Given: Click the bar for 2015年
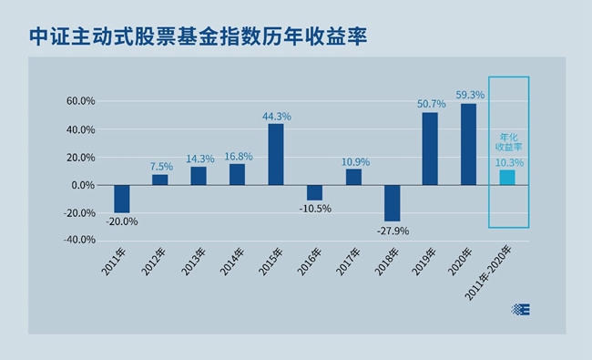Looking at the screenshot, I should pos(275,154).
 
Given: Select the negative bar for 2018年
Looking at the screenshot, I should pos(392,203).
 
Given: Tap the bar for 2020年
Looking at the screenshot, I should pos(469,144).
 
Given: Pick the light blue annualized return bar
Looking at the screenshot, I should pos(507,178).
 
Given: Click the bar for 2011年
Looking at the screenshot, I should pos(121,199).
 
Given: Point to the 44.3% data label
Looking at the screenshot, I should pos(276,116).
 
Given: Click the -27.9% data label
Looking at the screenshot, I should pos(392,231).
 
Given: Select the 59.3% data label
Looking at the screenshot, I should pos(470,95).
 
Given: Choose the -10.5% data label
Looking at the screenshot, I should pos(314,209).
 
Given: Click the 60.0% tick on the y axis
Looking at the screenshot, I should pos(80,101).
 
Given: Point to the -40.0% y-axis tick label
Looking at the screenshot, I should pos(78,241).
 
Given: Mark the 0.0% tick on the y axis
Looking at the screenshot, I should pos(83,185).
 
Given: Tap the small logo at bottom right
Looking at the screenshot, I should pos(521,309).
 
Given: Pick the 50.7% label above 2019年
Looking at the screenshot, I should pos(431,104).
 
